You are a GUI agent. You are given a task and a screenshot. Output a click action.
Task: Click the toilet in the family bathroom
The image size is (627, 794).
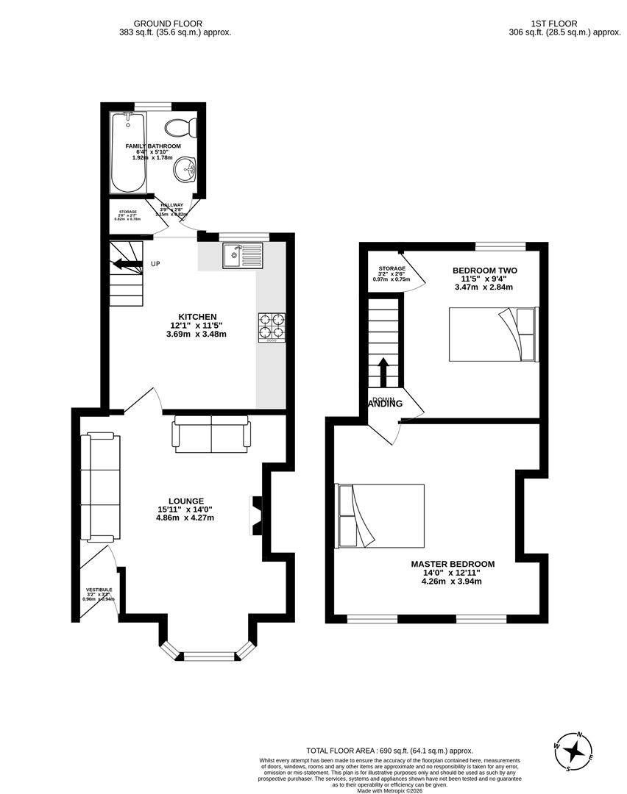181,128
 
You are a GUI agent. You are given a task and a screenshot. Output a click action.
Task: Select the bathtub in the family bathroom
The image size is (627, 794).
128,151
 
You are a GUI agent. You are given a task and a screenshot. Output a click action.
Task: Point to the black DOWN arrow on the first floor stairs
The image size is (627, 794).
384,371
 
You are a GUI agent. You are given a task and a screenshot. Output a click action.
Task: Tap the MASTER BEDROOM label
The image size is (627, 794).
452,564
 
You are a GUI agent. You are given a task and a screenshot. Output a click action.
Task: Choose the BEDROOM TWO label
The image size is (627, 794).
484,271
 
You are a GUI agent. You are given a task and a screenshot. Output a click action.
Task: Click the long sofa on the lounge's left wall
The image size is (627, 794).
100,487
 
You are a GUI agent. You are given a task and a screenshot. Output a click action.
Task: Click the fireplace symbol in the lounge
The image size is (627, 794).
257,515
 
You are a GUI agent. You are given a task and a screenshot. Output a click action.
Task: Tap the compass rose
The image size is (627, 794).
575,751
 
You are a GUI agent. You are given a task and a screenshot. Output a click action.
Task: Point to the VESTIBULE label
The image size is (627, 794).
99,590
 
